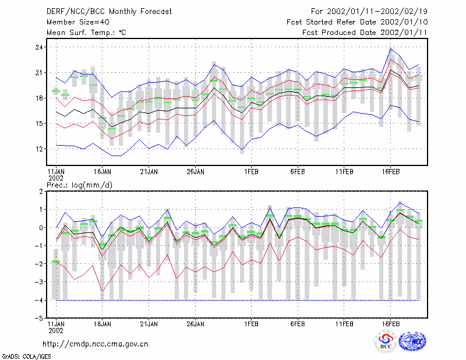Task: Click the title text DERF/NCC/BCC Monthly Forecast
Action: [109, 12]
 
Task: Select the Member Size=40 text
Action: [78, 22]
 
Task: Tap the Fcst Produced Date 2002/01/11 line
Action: [365, 33]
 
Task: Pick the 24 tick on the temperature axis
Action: [39, 47]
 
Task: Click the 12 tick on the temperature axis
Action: [39, 149]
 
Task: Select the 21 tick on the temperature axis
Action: [39, 73]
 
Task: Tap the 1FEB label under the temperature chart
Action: [252, 171]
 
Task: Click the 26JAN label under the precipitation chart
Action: [195, 324]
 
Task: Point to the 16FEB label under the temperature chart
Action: [391, 171]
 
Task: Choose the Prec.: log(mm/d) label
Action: [79, 185]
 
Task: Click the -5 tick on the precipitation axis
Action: [38, 318]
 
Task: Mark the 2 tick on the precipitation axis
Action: [41, 192]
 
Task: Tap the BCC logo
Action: [386, 342]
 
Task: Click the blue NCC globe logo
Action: [412, 341]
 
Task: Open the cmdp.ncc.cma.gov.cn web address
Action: [96, 344]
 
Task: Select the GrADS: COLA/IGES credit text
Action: [26, 357]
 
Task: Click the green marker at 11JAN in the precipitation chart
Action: [56, 262]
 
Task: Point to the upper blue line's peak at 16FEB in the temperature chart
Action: [391, 48]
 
